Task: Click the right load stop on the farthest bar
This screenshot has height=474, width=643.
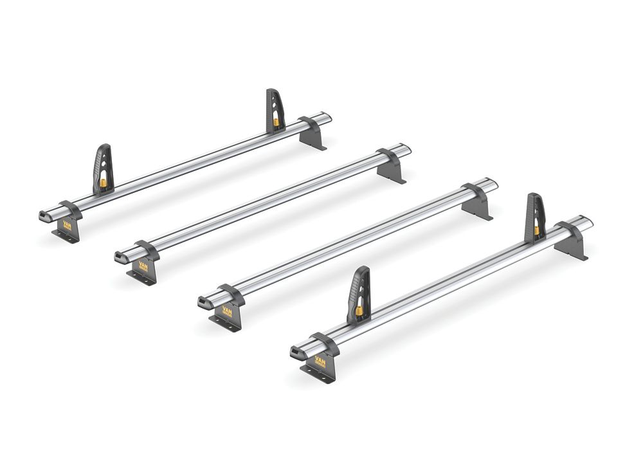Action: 275,109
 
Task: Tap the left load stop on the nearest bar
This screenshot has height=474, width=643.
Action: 360,293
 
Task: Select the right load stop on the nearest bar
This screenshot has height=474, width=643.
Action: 535,217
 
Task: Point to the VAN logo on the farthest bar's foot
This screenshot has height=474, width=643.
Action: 67,226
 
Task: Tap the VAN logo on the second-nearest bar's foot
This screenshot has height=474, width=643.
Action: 228,311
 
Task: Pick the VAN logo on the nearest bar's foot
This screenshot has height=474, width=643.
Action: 320,361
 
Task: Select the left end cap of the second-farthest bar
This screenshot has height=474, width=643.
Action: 122,257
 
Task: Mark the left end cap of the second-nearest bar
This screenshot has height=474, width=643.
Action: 205,302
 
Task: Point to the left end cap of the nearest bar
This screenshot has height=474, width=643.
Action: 297,352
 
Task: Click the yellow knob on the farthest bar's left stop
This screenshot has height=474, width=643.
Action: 103,184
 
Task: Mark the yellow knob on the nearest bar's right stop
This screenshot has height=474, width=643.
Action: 536,230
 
